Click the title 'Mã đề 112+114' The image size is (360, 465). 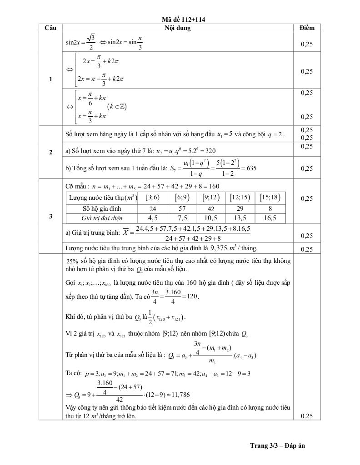[180, 20]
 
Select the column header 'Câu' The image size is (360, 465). [50, 28]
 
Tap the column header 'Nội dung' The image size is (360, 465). [177, 28]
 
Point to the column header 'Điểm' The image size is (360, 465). [307, 28]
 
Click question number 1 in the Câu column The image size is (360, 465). [50, 79]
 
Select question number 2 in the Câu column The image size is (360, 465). [50, 152]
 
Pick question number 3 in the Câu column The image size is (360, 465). [50, 216]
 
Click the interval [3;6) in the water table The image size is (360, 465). [151, 198]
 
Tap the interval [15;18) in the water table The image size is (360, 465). [270, 198]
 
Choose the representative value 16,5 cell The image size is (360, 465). [270, 218]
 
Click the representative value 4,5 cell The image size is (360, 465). [151, 218]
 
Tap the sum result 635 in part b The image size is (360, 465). [250, 168]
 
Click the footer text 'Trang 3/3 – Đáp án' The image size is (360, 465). [277, 445]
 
